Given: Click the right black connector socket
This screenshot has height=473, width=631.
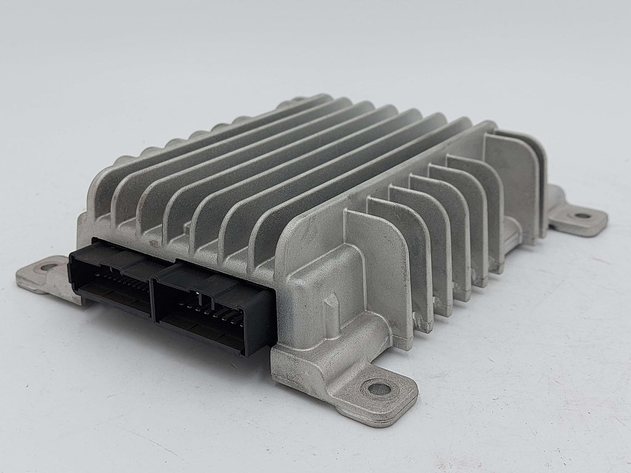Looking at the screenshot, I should pos(213,308).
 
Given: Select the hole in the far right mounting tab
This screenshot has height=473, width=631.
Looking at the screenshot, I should pos(581,216).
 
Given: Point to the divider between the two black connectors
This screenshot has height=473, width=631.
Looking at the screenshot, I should pos(153,289).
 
